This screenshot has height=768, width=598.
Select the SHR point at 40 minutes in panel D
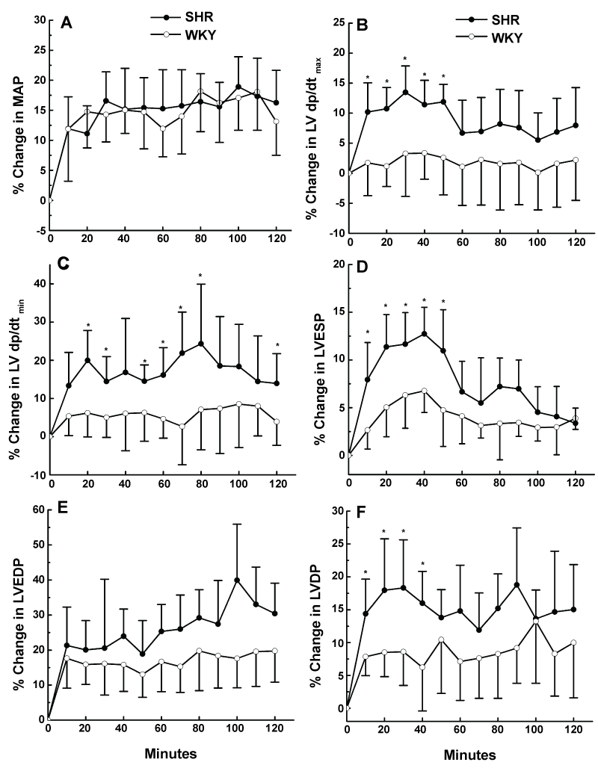424,334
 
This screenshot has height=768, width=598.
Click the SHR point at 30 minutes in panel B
404,92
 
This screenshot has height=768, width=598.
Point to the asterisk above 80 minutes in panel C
200,276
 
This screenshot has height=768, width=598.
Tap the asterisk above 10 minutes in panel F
366,573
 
